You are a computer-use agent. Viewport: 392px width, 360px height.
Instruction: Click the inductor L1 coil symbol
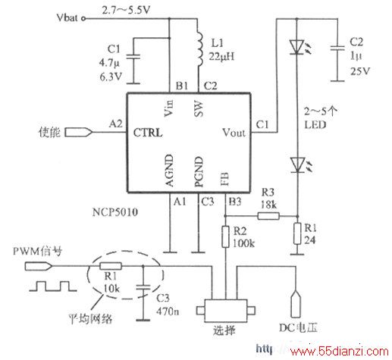[x=200, y=49]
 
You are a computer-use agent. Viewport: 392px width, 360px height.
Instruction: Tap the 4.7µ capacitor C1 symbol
[x=133, y=56]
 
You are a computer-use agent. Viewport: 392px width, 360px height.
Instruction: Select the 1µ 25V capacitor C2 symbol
[x=337, y=49]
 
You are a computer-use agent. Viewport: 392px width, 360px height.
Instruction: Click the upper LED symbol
[x=298, y=47]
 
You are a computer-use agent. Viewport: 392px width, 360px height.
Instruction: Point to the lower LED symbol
[x=298, y=164]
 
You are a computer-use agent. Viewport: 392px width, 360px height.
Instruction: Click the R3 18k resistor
[x=268, y=216]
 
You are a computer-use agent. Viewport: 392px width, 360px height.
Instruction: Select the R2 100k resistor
[x=225, y=236]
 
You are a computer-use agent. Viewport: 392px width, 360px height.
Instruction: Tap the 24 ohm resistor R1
[x=297, y=233]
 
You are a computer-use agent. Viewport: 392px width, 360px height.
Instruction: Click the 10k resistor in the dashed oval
[x=111, y=266]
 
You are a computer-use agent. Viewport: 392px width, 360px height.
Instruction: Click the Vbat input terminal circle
[x=83, y=18]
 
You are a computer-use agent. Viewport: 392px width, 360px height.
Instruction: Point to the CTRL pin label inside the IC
[x=148, y=133]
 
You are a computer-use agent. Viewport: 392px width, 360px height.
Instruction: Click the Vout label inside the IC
[x=234, y=133]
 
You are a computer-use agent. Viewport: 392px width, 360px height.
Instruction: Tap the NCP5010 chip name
[x=115, y=212]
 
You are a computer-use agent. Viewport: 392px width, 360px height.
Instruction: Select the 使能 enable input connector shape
[x=79, y=133]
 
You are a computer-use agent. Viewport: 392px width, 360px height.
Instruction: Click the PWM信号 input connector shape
[x=39, y=266]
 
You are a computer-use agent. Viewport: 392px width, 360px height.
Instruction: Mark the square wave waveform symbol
[x=52, y=286]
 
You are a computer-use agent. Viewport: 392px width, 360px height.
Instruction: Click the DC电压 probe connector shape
[x=296, y=304]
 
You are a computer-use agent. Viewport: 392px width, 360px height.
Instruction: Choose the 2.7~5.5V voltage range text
[x=126, y=11]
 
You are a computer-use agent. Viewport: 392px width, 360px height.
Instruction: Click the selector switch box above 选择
[x=226, y=311]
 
